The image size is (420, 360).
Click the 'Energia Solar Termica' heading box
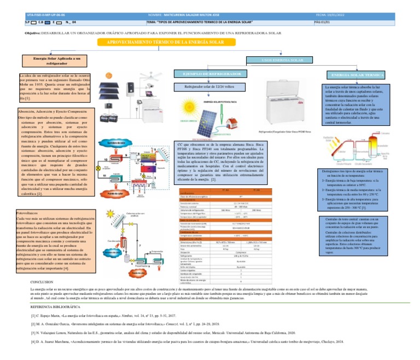pos(357,74)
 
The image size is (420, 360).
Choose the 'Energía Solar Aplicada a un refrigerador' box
pos(52,60)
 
